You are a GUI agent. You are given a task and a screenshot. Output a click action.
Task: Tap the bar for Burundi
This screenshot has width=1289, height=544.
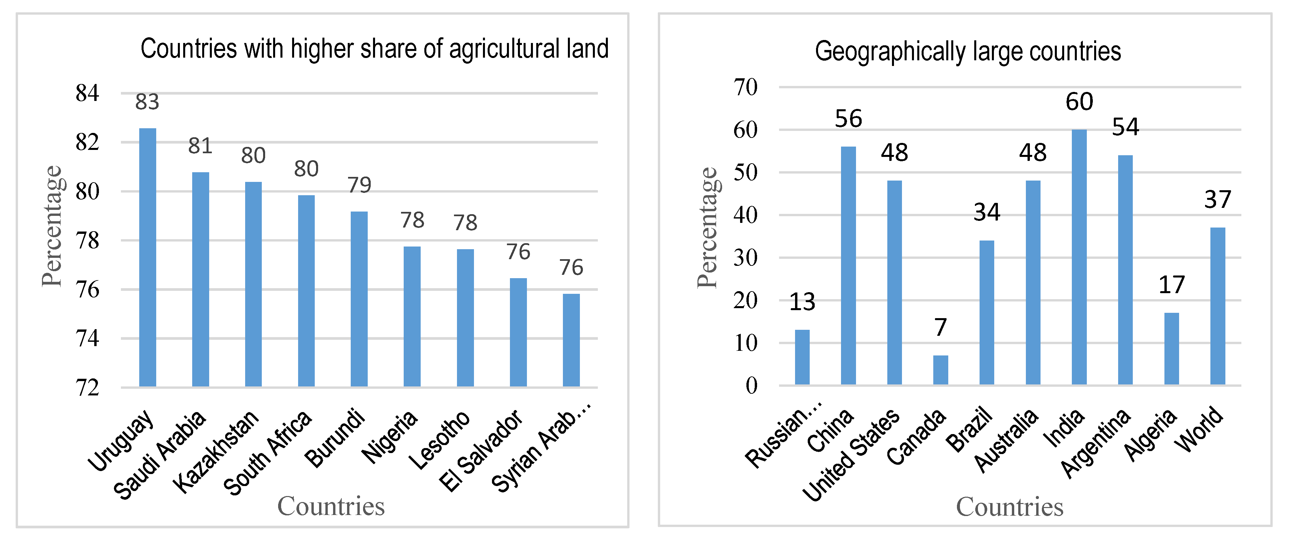(x=359, y=299)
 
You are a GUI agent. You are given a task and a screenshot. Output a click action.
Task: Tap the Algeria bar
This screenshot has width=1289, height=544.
(x=1171, y=348)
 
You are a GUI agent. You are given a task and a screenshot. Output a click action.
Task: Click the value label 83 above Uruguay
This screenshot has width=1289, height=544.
(x=147, y=102)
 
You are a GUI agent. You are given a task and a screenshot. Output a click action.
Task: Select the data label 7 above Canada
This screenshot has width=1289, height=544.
(x=940, y=328)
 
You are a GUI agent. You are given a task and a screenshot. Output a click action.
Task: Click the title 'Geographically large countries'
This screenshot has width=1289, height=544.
(x=968, y=52)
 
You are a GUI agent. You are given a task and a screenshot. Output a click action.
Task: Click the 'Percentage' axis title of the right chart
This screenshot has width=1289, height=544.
(x=707, y=228)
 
